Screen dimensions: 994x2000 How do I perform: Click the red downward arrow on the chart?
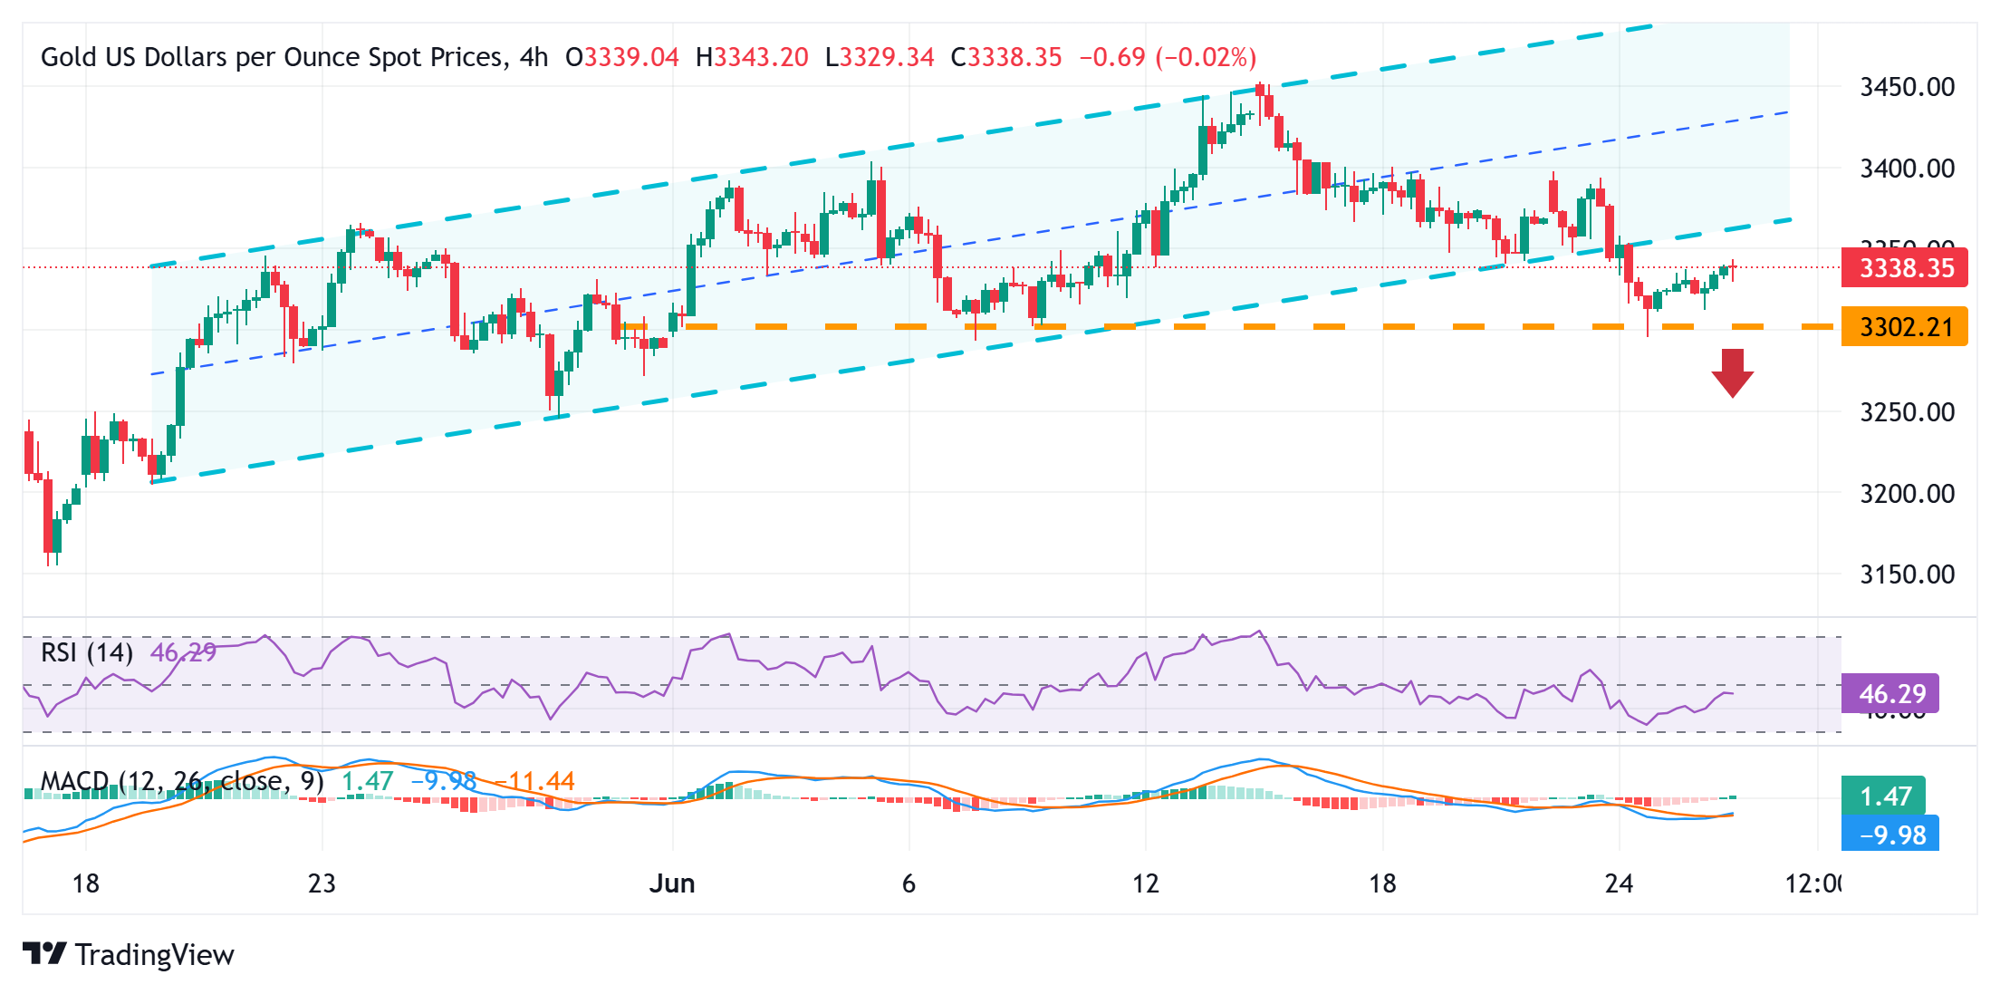point(1732,372)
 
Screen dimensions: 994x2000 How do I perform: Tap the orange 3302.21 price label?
point(1904,326)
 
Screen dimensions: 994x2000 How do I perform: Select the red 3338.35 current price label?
point(1904,268)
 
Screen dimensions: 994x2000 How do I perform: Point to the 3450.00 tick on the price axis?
point(1907,87)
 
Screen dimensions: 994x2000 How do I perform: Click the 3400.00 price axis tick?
point(1907,168)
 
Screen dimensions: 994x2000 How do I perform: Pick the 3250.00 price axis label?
point(1907,412)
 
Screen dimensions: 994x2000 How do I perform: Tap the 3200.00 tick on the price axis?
point(1907,494)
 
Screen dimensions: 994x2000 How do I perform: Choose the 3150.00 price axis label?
point(1907,574)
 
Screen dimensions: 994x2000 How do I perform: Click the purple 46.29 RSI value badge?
point(1891,694)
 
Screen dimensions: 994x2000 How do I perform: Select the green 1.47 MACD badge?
point(1884,796)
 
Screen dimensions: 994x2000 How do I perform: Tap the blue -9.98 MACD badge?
point(1891,835)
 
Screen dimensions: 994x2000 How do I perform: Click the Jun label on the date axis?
point(671,883)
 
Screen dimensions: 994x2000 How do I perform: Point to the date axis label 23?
point(322,883)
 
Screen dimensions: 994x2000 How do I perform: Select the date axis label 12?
point(1145,883)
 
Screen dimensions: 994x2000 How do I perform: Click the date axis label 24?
point(1618,883)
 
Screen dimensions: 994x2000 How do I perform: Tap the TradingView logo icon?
point(44,954)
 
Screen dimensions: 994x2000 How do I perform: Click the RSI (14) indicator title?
point(87,652)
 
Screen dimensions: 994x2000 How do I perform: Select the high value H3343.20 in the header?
point(752,58)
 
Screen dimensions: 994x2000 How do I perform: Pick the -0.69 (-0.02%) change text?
point(1168,58)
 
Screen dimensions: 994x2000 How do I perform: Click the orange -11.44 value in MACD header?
point(534,781)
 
